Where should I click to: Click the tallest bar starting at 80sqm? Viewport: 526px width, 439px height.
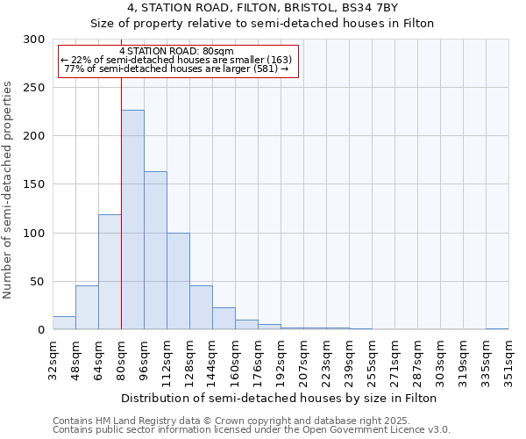pos(132,219)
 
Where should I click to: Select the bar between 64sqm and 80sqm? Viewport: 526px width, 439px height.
pos(110,272)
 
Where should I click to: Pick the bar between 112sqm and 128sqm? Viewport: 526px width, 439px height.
pos(178,281)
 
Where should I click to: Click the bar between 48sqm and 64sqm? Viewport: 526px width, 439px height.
pos(87,307)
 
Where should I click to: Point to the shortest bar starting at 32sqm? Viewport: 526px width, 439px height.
pos(64,323)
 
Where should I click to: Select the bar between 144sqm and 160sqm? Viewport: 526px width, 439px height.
pos(224,319)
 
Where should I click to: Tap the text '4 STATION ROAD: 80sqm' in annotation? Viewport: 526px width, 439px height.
pos(176,51)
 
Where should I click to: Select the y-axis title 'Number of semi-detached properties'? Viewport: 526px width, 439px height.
pos(8,190)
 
